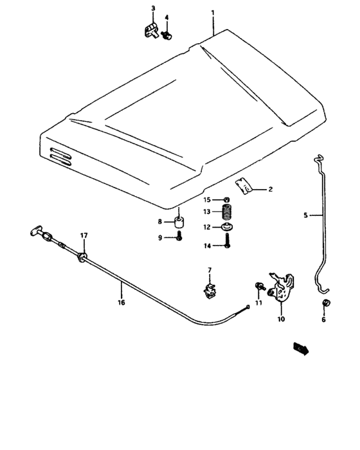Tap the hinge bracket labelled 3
[151, 31]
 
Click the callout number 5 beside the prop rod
[305, 216]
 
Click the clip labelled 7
[210, 291]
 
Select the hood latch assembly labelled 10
[283, 289]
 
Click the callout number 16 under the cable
[120, 300]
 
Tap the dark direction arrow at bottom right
[300, 348]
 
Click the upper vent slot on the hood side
[61, 153]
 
